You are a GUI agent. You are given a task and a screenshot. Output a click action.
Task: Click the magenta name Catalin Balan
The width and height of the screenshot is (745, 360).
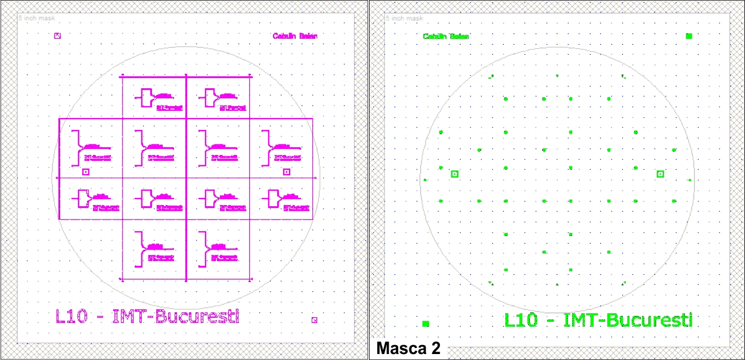(x=295, y=36)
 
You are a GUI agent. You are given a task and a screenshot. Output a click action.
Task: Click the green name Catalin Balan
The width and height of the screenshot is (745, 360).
(x=446, y=36)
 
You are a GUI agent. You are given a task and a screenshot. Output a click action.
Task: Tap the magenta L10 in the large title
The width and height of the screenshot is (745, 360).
(x=72, y=316)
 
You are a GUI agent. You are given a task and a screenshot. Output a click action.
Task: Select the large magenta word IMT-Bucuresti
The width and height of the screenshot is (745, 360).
(x=176, y=316)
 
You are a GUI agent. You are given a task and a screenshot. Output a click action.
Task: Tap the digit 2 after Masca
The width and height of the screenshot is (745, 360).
(x=435, y=348)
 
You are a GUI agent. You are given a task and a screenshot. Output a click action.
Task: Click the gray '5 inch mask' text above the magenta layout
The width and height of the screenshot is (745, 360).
(x=37, y=18)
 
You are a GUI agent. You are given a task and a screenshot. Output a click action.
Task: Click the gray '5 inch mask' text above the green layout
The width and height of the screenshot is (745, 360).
(x=405, y=18)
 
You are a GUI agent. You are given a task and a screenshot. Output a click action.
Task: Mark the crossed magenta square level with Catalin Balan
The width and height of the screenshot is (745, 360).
(x=57, y=36)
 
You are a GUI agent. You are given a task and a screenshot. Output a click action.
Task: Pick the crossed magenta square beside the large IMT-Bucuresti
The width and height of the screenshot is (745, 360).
(x=314, y=320)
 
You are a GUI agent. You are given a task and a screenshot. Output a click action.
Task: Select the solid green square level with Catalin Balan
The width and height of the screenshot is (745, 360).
(x=689, y=36)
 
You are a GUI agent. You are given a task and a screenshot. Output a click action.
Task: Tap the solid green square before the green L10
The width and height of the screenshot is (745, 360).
(x=426, y=324)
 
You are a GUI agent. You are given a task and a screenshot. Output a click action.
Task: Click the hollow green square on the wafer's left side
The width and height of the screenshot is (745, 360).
(x=455, y=174)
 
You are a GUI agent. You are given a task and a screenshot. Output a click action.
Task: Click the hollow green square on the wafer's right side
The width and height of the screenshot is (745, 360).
(x=660, y=174)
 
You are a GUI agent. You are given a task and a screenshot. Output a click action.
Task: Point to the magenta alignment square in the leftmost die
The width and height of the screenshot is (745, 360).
(x=85, y=172)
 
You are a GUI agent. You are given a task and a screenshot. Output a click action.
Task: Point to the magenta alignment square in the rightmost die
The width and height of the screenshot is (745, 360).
(x=286, y=172)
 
